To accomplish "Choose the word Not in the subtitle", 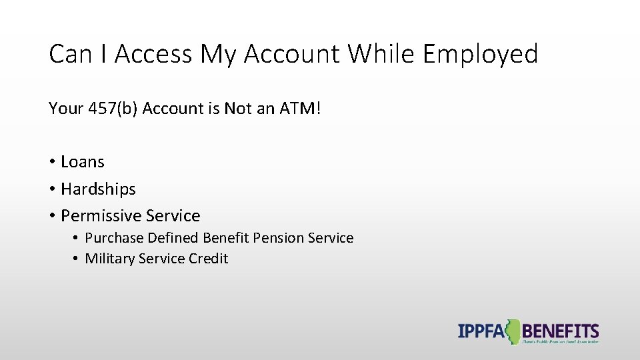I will [x=238, y=108].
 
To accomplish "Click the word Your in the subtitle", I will [x=66, y=108].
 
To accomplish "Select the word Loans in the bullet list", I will [x=83, y=162].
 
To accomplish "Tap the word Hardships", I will [x=98, y=189].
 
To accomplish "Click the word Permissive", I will [x=101, y=216].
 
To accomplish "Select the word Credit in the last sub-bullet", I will [x=208, y=259].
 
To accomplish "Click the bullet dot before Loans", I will [x=51, y=162].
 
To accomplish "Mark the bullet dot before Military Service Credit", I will [x=77, y=259].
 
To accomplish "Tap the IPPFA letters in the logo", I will [x=480, y=331].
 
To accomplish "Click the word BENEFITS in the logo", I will [x=561, y=331].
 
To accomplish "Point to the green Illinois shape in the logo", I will [x=513, y=331].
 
